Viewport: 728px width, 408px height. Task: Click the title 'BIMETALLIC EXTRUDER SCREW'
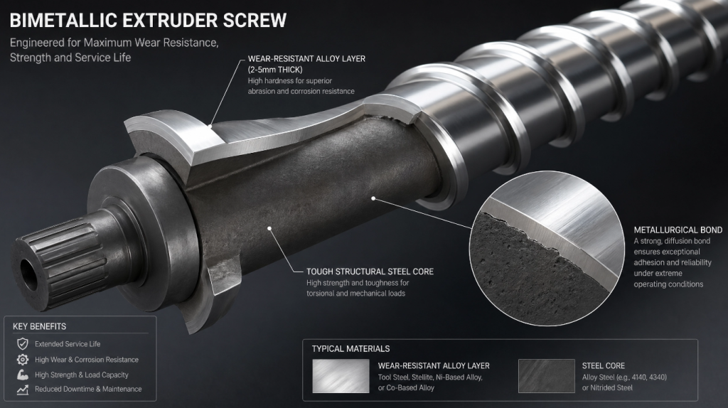pyautogui.click(x=148, y=21)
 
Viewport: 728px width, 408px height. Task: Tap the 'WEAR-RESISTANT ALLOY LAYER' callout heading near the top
pyautogui.click(x=306, y=59)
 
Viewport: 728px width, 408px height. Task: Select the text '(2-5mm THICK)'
pyautogui.click(x=275, y=70)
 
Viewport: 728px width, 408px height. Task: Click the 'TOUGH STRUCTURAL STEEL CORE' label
pyautogui.click(x=370, y=272)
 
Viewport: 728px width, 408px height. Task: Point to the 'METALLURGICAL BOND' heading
pyautogui.click(x=678, y=230)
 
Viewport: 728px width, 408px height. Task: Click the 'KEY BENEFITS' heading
pyautogui.click(x=40, y=326)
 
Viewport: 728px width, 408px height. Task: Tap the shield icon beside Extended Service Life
pyautogui.click(x=22, y=344)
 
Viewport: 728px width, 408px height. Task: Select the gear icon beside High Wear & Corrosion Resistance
pyautogui.click(x=22, y=359)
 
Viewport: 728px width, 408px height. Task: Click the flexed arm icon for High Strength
pyautogui.click(x=22, y=375)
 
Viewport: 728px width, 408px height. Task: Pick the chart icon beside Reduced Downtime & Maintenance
pyautogui.click(x=22, y=390)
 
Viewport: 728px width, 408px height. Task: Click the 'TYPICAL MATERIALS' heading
pyautogui.click(x=350, y=348)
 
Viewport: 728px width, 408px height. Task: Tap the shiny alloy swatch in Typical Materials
pyautogui.click(x=341, y=376)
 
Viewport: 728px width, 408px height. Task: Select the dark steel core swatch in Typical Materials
pyautogui.click(x=547, y=376)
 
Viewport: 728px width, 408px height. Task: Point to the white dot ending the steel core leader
pyautogui.click(x=269, y=228)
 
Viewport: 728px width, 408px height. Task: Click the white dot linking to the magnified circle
pyautogui.click(x=374, y=198)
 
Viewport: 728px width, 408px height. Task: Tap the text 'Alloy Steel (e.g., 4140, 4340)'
pyautogui.click(x=624, y=377)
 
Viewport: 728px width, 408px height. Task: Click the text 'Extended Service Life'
pyautogui.click(x=68, y=344)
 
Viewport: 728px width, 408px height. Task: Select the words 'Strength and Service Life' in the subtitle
pyautogui.click(x=70, y=58)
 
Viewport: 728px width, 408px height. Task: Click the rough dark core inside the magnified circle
pyautogui.click(x=525, y=274)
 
